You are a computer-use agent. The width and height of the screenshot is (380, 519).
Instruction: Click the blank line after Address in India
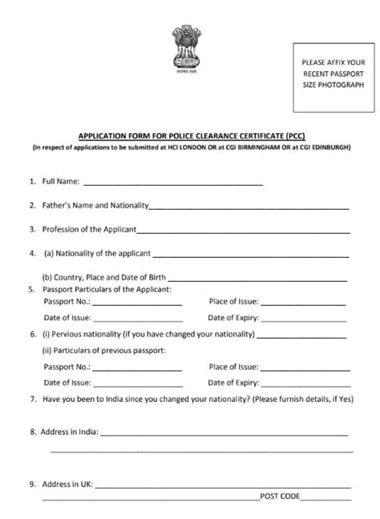[224, 433]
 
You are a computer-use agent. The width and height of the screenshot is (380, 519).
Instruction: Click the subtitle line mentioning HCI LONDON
[189, 147]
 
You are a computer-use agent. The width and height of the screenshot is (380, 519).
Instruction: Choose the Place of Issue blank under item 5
[305, 305]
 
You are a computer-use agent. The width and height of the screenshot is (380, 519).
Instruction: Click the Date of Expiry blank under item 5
[305, 318]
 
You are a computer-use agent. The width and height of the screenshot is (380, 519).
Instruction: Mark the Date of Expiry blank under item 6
[305, 383]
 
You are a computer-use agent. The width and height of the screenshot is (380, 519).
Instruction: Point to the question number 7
[31, 398]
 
